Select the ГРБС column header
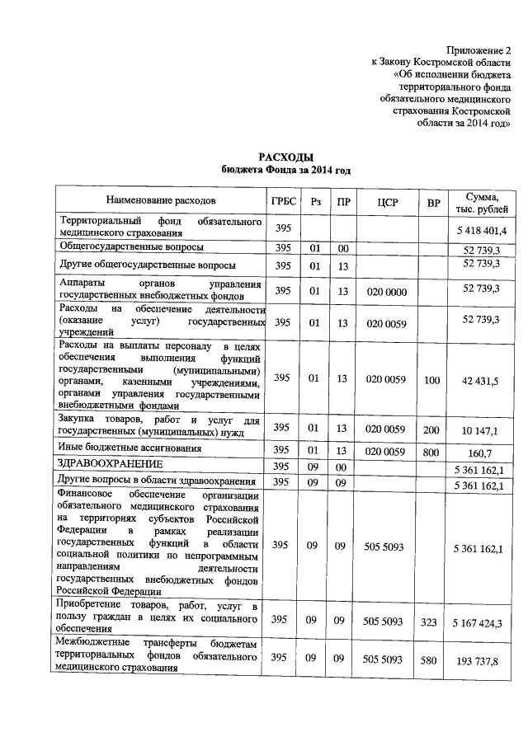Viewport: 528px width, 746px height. pyautogui.click(x=282, y=201)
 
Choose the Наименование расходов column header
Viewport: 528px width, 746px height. pyautogui.click(x=160, y=201)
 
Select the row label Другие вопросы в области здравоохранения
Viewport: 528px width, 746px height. pyautogui.click(x=158, y=481)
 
